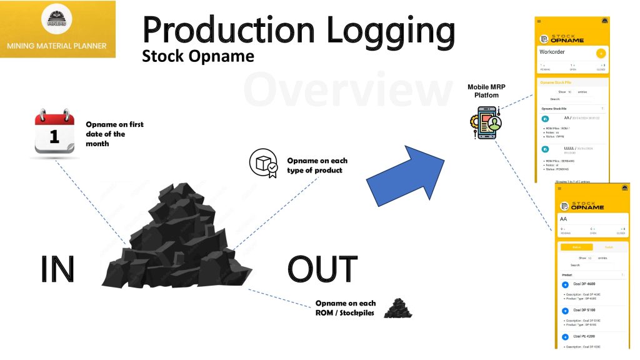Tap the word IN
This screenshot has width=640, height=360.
57,269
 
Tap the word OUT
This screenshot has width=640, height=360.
322,269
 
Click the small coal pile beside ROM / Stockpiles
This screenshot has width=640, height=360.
397,307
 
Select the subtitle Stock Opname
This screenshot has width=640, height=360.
198,56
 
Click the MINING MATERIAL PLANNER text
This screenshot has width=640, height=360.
57,46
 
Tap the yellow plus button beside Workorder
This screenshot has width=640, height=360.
601,53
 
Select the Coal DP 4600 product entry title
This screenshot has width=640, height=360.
584,284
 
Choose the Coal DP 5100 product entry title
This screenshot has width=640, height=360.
584,310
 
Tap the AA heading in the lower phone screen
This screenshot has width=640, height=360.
564,219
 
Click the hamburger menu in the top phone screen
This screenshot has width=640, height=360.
539,21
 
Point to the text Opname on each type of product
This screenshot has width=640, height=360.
314,165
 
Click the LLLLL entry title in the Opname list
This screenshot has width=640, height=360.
569,148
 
